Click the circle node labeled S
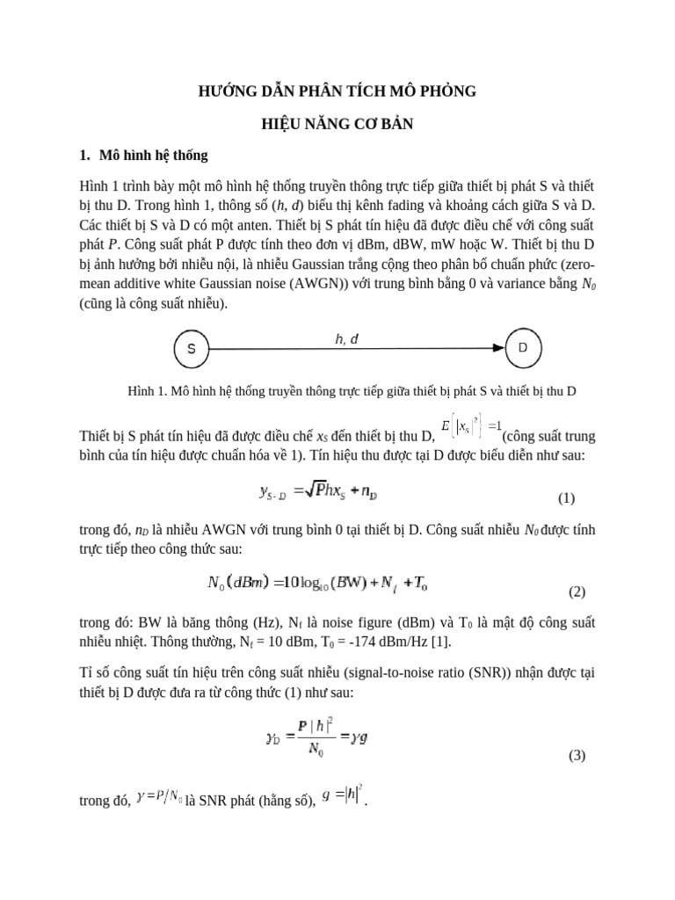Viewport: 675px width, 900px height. [191, 349]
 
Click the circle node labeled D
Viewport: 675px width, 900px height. [523, 348]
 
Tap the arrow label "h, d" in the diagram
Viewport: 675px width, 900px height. [347, 338]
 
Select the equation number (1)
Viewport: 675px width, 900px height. [566, 498]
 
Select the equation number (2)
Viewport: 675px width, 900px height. [577, 592]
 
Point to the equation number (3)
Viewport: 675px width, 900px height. [577, 755]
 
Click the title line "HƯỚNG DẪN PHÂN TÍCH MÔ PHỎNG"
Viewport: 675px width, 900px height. [337, 91]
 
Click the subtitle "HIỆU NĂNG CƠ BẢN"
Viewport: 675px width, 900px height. [337, 125]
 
